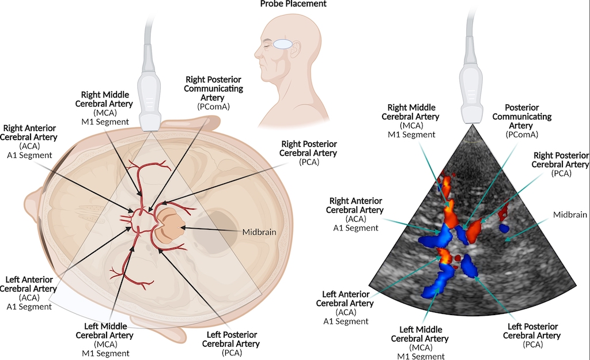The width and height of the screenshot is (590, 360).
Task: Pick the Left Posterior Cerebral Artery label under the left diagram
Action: [x=230, y=340]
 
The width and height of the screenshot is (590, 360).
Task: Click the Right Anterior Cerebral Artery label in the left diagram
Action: [x=30, y=141]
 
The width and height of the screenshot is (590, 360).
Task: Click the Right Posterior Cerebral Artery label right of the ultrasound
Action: [x=560, y=164]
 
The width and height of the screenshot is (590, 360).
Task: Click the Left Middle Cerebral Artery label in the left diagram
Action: [x=105, y=340]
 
